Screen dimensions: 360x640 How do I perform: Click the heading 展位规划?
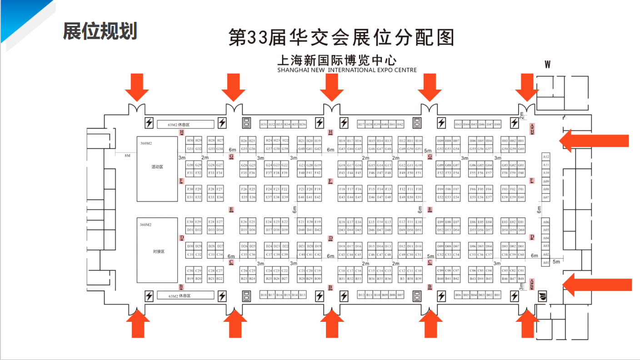click(100, 31)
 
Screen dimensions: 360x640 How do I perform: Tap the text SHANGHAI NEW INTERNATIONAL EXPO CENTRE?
click(347, 70)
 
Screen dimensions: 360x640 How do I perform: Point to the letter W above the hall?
click(548, 65)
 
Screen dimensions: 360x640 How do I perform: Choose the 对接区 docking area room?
click(157, 250)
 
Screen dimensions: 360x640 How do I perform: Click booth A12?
click(546, 156)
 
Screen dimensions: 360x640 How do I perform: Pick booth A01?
click(546, 263)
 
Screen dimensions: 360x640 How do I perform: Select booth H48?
click(497, 124)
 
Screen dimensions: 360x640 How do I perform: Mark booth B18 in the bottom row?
click(264, 295)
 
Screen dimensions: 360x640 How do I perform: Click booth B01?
click(497, 295)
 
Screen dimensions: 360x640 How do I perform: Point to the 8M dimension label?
click(127, 155)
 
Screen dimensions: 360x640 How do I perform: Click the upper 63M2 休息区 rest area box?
click(185, 124)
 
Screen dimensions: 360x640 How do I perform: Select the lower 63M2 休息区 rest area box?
click(185, 295)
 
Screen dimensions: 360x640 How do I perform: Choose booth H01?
click(521, 141)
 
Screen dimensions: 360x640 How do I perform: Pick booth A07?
click(546, 198)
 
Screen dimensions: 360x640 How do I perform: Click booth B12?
click(361, 295)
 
